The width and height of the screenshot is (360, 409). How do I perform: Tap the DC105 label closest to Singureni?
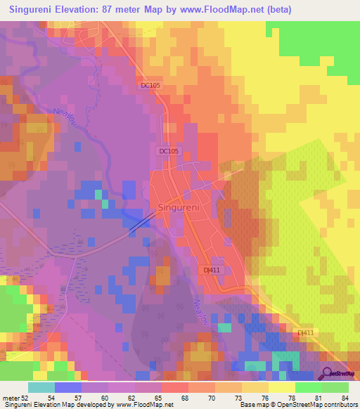(169, 151)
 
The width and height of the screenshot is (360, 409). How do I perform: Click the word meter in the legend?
(12, 397)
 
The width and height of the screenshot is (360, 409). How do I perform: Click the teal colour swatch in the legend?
(41, 387)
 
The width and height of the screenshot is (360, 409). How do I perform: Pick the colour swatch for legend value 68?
(175, 387)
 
